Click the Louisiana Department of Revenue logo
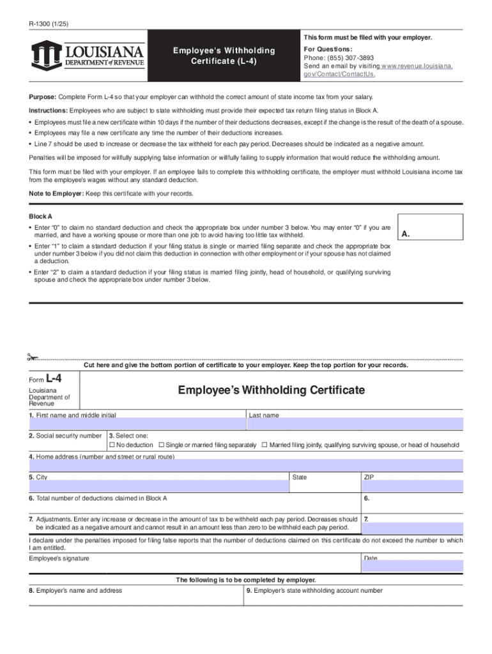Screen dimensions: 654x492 (87, 56)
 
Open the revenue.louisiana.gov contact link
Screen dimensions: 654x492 (380, 70)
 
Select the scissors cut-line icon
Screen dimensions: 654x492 (33, 356)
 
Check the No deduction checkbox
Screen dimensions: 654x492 (112, 445)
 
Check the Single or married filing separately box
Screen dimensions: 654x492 (162, 445)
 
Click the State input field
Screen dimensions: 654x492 (324, 485)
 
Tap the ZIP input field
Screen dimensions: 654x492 (412, 485)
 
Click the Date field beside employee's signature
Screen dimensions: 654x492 (412, 566)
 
